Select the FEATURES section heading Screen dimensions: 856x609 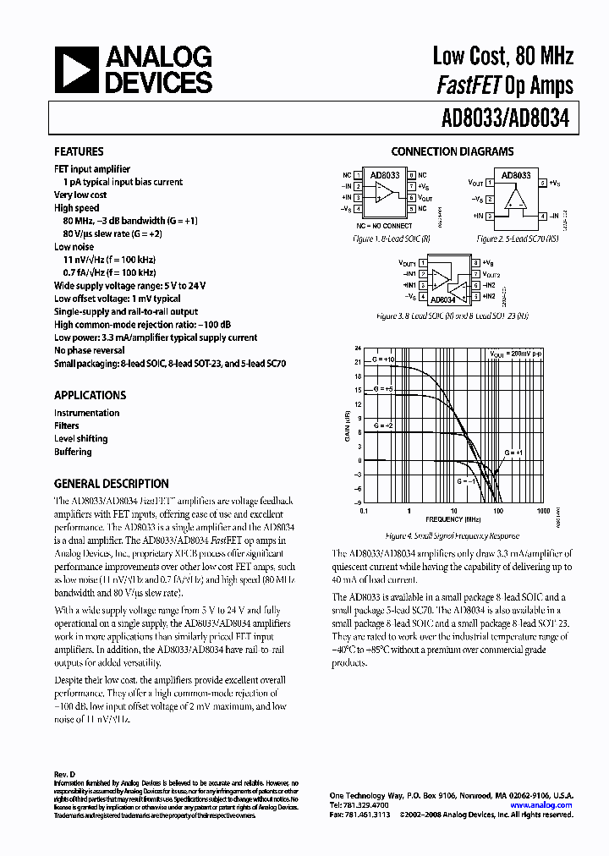(79, 152)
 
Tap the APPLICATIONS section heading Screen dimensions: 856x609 (90, 395)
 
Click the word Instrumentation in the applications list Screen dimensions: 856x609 (86, 413)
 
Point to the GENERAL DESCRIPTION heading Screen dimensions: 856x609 (111, 484)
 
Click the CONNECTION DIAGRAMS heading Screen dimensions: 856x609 (452, 152)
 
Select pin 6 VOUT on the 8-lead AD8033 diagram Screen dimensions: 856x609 (412, 197)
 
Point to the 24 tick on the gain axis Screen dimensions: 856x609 (358, 348)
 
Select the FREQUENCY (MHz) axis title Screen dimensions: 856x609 (454, 519)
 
